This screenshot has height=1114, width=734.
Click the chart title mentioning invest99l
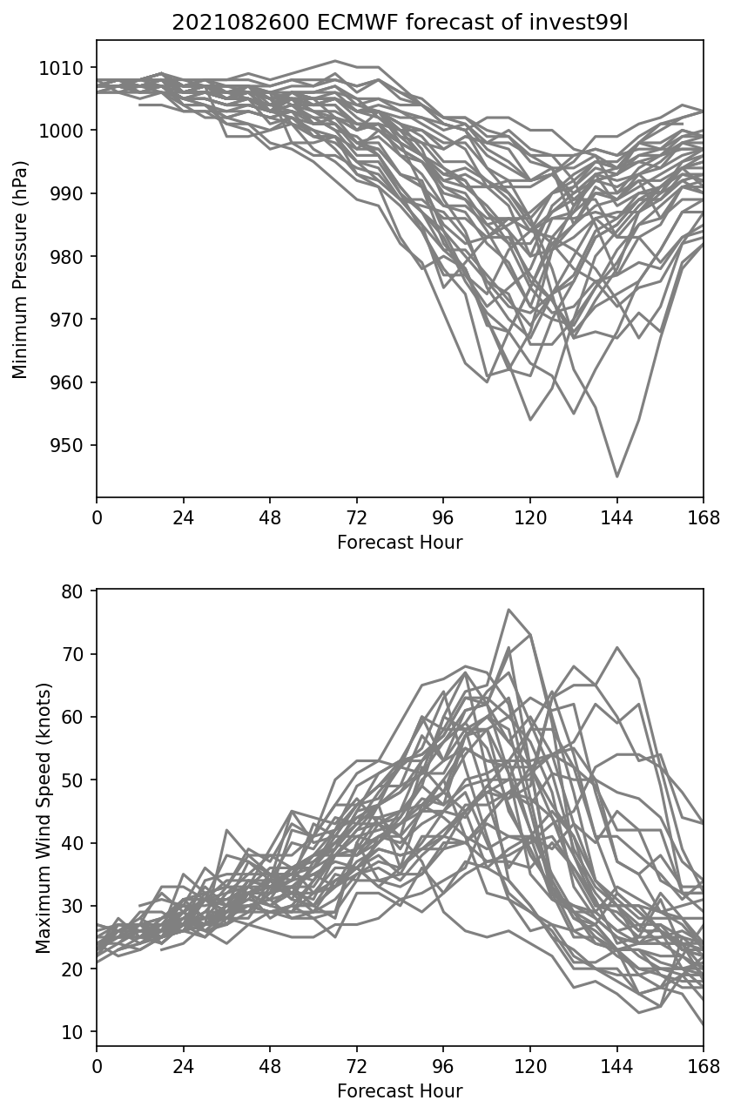[x=400, y=23]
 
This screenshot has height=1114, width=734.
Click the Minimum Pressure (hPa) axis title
[x=20, y=269]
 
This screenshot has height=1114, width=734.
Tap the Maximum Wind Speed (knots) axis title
[x=44, y=818]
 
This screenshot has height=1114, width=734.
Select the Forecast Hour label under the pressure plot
[x=400, y=543]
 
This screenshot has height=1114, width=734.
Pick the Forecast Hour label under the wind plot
[x=400, y=1090]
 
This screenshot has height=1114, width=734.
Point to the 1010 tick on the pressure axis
[x=61, y=68]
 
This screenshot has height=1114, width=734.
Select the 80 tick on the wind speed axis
[x=72, y=591]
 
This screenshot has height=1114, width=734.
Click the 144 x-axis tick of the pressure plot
[x=616, y=519]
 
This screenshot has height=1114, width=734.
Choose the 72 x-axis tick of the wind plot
[x=356, y=1067]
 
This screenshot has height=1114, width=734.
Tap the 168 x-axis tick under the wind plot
[x=704, y=1067]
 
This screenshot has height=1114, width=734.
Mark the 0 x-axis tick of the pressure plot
[x=97, y=519]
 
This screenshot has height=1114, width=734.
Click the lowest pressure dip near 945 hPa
[x=616, y=476]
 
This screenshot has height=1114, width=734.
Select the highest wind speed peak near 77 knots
[x=508, y=610]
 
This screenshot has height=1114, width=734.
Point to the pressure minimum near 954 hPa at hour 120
[x=530, y=420]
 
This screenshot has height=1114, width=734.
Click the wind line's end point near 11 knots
[x=703, y=1025]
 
